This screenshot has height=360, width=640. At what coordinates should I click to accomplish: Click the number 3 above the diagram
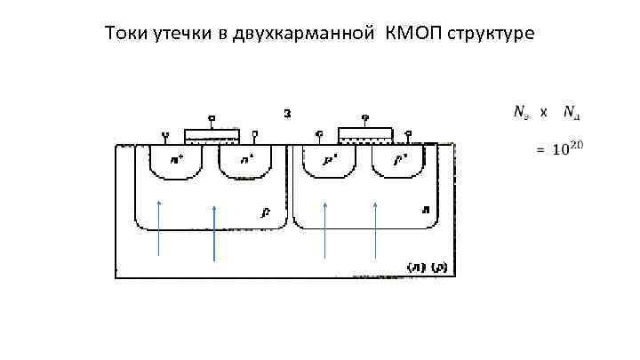[x=287, y=113]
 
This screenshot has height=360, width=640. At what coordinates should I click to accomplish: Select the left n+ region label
[x=178, y=161]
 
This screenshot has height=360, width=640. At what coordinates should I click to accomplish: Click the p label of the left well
[x=266, y=212]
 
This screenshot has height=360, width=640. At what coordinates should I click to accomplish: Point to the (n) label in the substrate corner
[x=414, y=267]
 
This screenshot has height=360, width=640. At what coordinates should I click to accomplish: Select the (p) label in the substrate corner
[x=439, y=267]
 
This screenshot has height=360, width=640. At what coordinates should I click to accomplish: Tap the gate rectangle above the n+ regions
[x=212, y=136]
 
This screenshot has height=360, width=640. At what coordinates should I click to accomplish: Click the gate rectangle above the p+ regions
[x=365, y=134]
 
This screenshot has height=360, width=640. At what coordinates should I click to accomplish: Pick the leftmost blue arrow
[x=159, y=228]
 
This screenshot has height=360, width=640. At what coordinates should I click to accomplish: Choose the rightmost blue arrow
[x=375, y=229]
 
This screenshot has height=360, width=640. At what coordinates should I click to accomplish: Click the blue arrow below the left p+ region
[x=325, y=229]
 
